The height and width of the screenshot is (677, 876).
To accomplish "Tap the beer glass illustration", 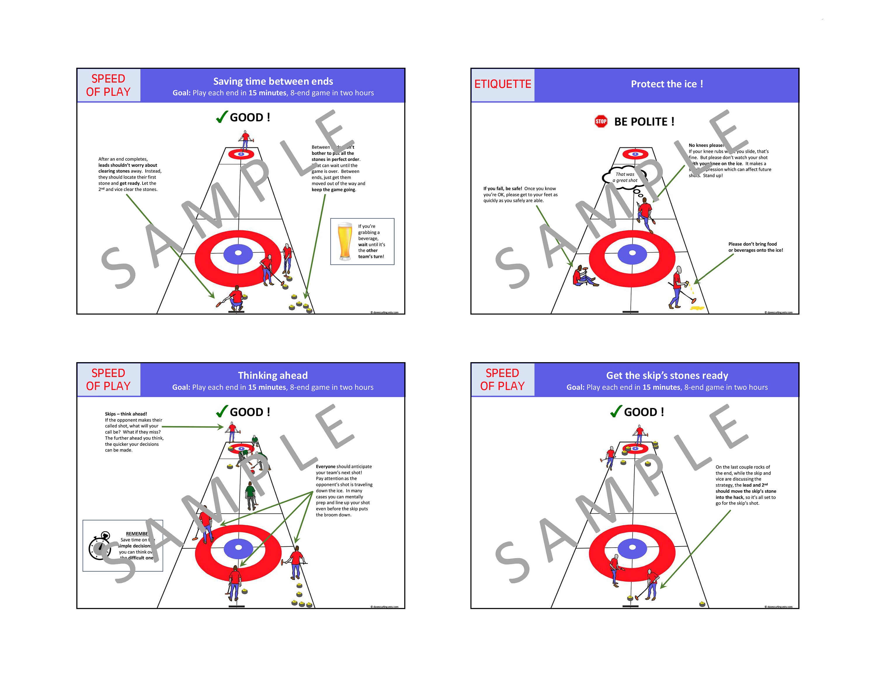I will pos(345,242).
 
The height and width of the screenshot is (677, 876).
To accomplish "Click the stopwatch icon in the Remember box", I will pos(99,546).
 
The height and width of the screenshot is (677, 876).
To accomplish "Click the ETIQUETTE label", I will pos(503,84).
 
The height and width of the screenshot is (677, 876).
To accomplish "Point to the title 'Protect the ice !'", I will pos(667,84).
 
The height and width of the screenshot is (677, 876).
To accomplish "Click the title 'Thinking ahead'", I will pos(273,375).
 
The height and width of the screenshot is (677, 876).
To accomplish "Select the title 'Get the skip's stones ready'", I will pos(667,375).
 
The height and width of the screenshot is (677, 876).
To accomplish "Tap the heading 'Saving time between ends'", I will pos(273,81).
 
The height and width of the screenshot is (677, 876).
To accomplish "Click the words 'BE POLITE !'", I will pos(644,121).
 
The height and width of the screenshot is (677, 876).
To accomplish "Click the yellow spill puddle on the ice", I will pos(697,308).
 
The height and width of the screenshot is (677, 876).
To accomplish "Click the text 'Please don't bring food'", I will pos(752,244).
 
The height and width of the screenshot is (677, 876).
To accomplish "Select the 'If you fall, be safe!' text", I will pos(503,188).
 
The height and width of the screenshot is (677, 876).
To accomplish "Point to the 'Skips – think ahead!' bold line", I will pos(126,414).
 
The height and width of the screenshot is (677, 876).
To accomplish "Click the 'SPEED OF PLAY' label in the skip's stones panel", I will pos(502,379).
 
